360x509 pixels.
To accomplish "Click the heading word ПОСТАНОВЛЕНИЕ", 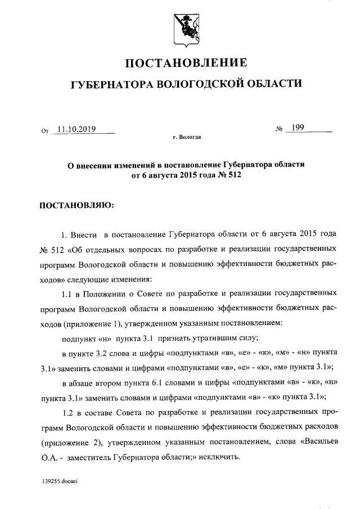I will (x=184, y=62).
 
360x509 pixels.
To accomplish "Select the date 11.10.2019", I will (x=76, y=129).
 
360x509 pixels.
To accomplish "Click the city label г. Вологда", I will (x=187, y=137).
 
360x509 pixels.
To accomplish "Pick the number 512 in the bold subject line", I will (x=229, y=175).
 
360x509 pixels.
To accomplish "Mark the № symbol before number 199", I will (x=279, y=129).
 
